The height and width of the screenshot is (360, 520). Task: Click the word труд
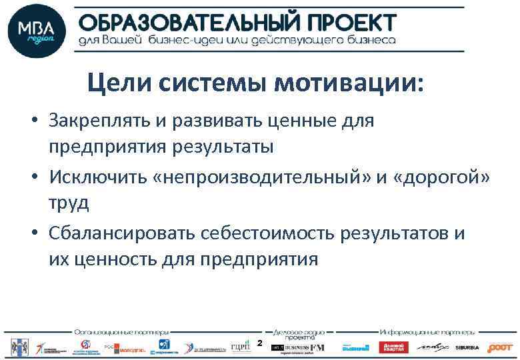click(67, 203)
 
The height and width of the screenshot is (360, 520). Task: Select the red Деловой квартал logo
click(393, 347)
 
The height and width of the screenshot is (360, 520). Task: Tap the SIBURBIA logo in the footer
click(467, 347)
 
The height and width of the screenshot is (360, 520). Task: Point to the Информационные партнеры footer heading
click(427, 331)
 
